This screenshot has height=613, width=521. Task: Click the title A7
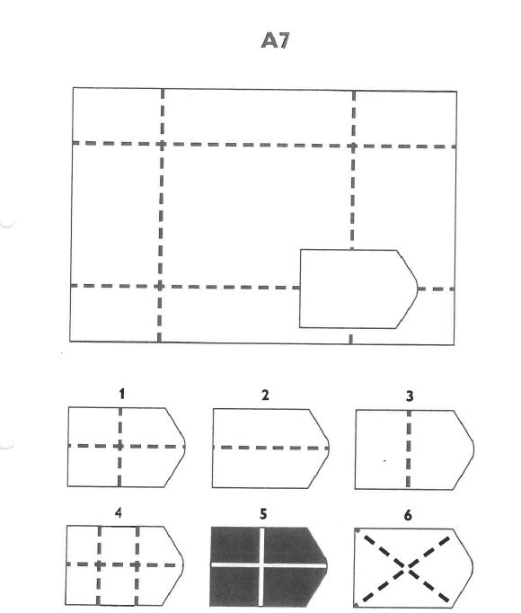[x=276, y=40]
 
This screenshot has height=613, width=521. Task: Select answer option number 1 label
[x=122, y=394]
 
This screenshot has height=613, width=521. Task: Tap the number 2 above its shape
[x=265, y=395]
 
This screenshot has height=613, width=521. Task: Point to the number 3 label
[x=410, y=396]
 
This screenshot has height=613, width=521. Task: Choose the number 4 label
[x=119, y=512]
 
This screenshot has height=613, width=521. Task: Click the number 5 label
[x=263, y=514]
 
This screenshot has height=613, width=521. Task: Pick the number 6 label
[x=408, y=515]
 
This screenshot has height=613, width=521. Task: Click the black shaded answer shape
[x=268, y=567]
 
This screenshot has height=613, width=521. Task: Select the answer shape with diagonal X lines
[x=412, y=568]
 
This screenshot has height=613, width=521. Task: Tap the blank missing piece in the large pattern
[x=358, y=289]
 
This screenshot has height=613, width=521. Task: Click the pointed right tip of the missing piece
[x=418, y=289]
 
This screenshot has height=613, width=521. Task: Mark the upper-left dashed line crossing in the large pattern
[x=162, y=144]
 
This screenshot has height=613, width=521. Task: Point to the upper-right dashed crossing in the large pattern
[x=353, y=147]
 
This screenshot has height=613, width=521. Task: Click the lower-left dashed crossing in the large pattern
[x=160, y=286]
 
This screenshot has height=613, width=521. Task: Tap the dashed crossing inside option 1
[x=120, y=446]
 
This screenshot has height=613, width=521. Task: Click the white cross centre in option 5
[x=261, y=565]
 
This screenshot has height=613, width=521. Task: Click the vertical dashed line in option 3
[x=409, y=449]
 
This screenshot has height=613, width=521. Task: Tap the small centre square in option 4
[x=118, y=546]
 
